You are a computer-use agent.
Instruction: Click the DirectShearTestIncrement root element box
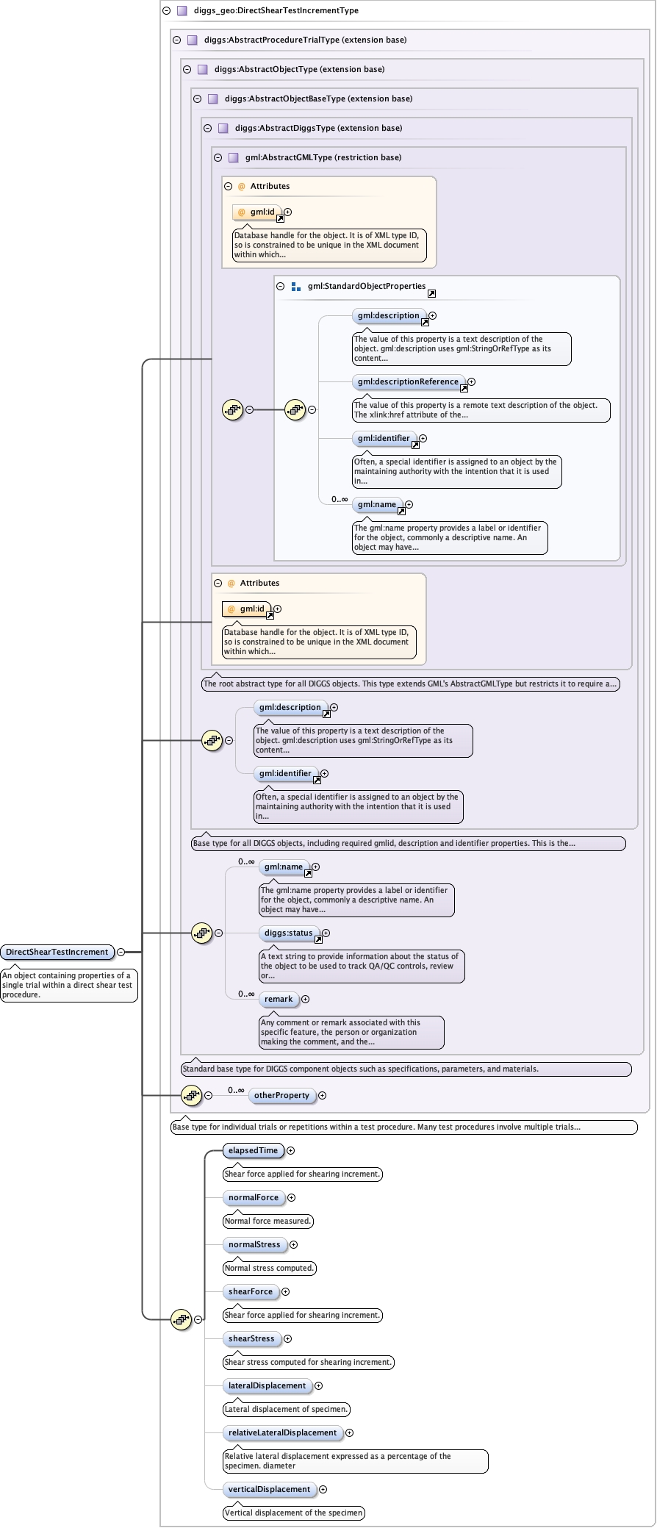coord(57,952)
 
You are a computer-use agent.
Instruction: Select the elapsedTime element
coord(253,1150)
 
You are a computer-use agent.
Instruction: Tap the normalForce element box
coord(254,1197)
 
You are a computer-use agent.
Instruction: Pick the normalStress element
coord(254,1244)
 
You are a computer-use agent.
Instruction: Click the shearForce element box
coord(251,1291)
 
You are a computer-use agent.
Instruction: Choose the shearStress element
coord(251,1338)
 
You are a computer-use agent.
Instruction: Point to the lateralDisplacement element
coord(267,1385)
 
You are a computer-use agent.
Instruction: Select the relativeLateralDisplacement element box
coord(282,1432)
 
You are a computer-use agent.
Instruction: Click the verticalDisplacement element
coord(269,1489)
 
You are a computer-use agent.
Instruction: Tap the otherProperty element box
coord(281,1095)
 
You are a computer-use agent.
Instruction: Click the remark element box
coord(279,999)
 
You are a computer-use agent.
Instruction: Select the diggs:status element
coord(289,933)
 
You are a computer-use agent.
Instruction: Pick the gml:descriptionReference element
coord(408,381)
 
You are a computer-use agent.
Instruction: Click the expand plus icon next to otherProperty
coord(322,1095)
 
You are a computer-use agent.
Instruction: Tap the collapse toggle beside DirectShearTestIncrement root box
coord(121,952)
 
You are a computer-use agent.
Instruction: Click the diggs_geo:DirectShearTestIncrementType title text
coord(276,10)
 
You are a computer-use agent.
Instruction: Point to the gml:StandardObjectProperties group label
coord(367,286)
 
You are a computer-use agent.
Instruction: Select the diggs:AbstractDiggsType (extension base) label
coord(318,128)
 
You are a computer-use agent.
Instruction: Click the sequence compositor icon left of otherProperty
coord(191,1095)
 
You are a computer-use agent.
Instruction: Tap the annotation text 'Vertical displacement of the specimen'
coord(293,1513)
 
